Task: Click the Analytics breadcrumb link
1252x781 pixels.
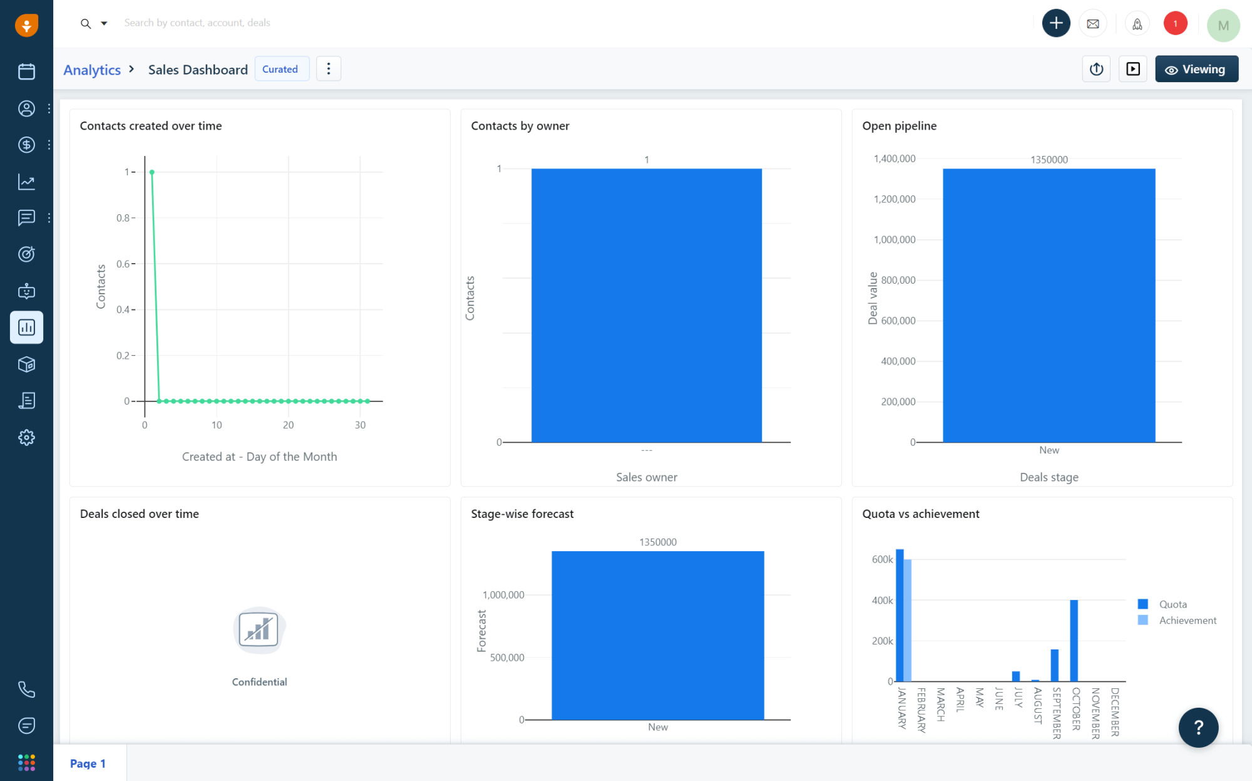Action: coord(92,70)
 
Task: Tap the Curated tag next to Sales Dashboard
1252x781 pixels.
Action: coord(280,69)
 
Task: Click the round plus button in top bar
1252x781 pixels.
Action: coord(1055,23)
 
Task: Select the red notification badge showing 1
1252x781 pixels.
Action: coord(1175,23)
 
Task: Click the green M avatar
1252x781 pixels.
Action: coord(1223,26)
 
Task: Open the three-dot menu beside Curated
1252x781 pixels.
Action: coord(329,69)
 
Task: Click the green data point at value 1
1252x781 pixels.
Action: coord(151,172)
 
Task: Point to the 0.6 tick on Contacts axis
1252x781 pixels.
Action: coord(124,264)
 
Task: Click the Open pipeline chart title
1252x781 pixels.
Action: coord(899,126)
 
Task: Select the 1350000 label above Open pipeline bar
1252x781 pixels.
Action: coord(1049,160)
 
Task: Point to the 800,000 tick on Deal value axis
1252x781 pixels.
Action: coord(898,280)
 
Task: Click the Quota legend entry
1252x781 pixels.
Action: coord(1172,604)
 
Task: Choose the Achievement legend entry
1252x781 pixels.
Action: coord(1187,620)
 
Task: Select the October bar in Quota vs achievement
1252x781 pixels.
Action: coord(1074,640)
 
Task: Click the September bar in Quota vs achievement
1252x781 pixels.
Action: coord(1054,665)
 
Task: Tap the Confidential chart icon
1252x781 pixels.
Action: coord(259,630)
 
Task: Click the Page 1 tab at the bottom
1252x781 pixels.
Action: coord(88,763)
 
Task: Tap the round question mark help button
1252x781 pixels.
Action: coord(1198,727)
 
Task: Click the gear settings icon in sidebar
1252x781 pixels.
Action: coord(26,437)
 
